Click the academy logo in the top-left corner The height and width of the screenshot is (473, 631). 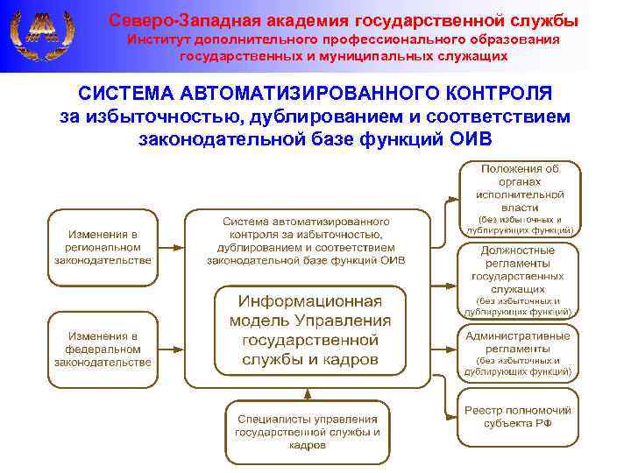click(39, 35)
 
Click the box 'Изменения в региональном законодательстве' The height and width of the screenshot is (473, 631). click(103, 247)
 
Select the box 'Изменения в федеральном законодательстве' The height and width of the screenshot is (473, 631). click(103, 349)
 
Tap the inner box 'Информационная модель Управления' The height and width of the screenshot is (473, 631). click(310, 329)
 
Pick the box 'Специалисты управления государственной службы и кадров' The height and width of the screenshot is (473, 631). click(307, 432)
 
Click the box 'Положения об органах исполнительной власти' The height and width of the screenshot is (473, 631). click(520, 199)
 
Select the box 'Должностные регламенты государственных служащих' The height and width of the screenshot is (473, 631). click(520, 279)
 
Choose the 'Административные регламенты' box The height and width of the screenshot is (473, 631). click(520, 353)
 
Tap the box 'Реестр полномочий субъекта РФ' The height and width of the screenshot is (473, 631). click(520, 416)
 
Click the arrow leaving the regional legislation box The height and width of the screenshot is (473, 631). click(171, 247)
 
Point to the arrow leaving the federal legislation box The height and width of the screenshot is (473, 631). click(171, 349)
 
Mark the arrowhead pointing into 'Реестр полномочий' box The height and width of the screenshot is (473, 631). click(453, 416)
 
